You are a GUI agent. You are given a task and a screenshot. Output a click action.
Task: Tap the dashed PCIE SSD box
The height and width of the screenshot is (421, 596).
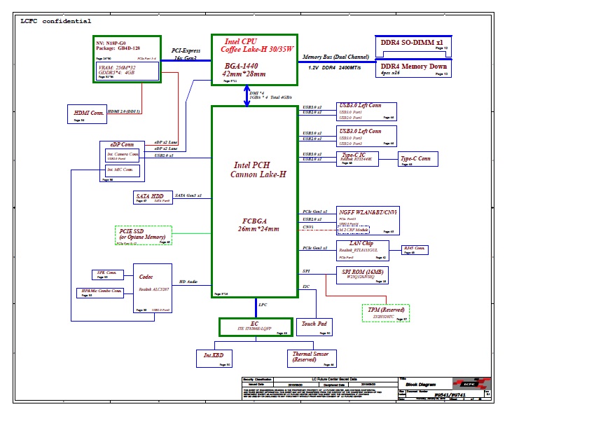pos(143,235)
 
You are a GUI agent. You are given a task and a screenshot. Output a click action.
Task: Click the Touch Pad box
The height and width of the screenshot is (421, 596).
pos(314,326)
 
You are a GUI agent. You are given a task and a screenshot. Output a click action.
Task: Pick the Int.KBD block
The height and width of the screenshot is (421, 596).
pos(214,358)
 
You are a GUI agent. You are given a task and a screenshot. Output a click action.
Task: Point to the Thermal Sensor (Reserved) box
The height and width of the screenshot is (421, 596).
pos(312,359)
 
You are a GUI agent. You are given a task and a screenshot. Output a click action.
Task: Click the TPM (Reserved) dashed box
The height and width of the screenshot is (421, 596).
pos(385,312)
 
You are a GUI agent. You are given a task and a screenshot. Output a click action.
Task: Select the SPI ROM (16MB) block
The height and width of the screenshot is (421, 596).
pos(362,275)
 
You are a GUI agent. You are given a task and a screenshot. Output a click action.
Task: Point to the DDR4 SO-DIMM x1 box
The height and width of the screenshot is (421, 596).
pos(412,44)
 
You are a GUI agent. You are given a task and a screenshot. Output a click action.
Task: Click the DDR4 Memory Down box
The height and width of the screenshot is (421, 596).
pos(412,69)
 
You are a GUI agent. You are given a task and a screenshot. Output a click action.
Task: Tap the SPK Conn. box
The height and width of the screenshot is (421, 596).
pos(107,275)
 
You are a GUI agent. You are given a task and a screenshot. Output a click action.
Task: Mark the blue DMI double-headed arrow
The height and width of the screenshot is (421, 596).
pos(247,97)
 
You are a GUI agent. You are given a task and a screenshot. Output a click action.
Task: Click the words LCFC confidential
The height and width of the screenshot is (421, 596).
pos(55,22)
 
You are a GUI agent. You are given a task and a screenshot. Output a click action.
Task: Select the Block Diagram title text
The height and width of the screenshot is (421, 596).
pos(422,385)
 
